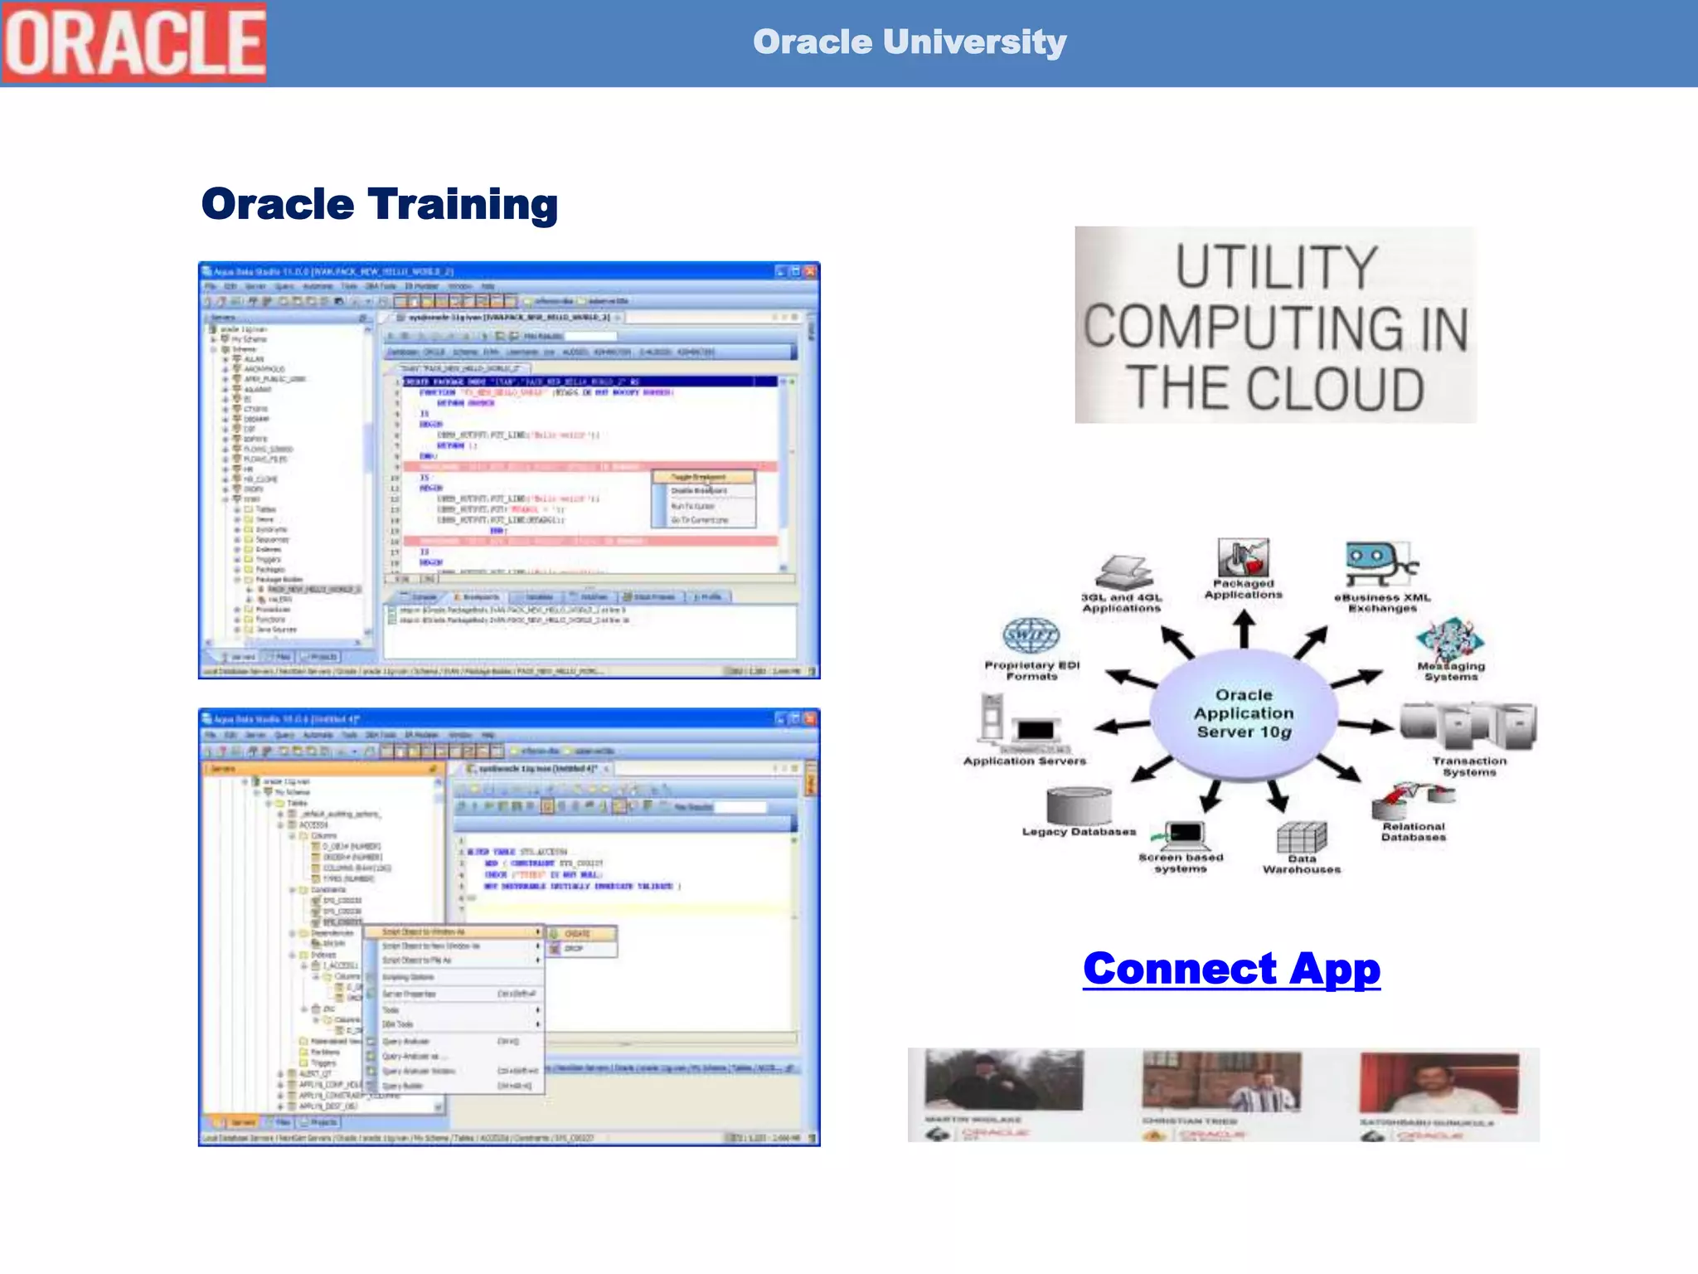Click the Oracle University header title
click(909, 41)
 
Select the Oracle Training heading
click(379, 204)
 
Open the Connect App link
click(1231, 969)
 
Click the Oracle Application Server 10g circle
click(1244, 713)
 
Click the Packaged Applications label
click(1243, 589)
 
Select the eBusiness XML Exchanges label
click(1382, 603)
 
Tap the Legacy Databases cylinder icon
click(1078, 805)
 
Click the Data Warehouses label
click(1302, 864)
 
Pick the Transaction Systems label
click(1469, 766)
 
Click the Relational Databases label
click(1413, 832)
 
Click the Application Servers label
click(1024, 761)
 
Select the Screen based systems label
click(1181, 863)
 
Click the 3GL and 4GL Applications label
click(1121, 603)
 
